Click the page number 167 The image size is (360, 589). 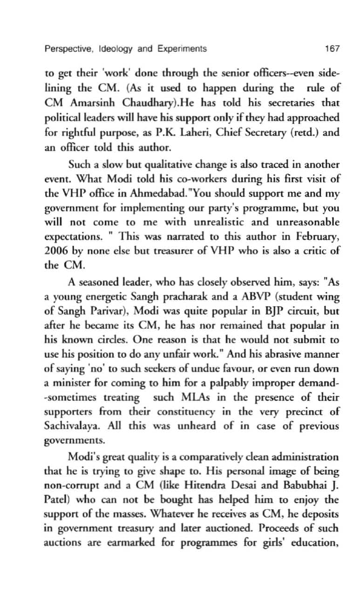point(333,48)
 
